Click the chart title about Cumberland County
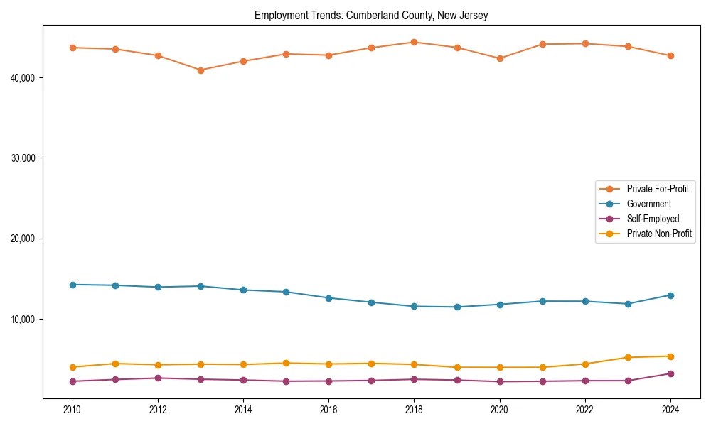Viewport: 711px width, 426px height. pos(371,16)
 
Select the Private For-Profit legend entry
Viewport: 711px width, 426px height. pos(657,189)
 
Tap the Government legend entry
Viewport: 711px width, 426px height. pos(648,204)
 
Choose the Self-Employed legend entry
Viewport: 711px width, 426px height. pos(653,219)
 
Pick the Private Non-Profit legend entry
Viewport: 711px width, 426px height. pos(659,234)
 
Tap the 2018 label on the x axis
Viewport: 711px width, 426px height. pos(414,410)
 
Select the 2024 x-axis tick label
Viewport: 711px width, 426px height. pos(670,410)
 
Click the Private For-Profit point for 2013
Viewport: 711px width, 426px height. pos(201,70)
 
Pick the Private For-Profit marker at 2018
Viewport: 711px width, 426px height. pos(414,42)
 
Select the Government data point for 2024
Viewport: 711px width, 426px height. pos(670,295)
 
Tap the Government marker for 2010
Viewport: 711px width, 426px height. pos(73,285)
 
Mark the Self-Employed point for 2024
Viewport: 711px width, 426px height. pos(670,373)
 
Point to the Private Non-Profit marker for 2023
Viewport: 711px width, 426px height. pos(627,357)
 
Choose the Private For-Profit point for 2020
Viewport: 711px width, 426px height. pos(499,58)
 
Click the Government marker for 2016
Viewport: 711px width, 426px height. pos(328,298)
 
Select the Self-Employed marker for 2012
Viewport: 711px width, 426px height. pos(158,378)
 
